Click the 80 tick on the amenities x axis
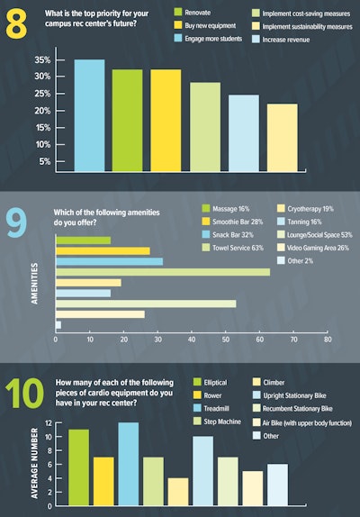coord(328,340)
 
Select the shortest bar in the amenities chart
coord(58,323)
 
